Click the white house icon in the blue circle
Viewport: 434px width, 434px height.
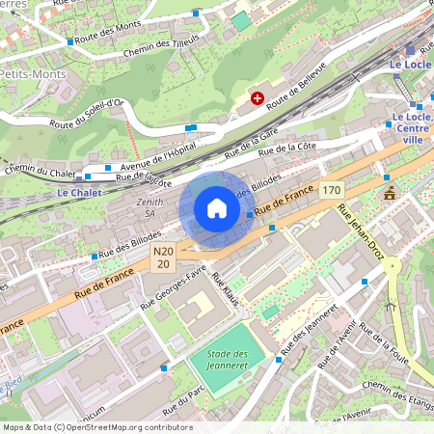(217, 208)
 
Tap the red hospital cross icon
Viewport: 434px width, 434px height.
(258, 97)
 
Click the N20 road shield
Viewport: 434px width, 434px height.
(164, 257)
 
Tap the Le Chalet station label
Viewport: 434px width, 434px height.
(78, 192)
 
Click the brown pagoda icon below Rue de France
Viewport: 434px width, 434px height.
(390, 193)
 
